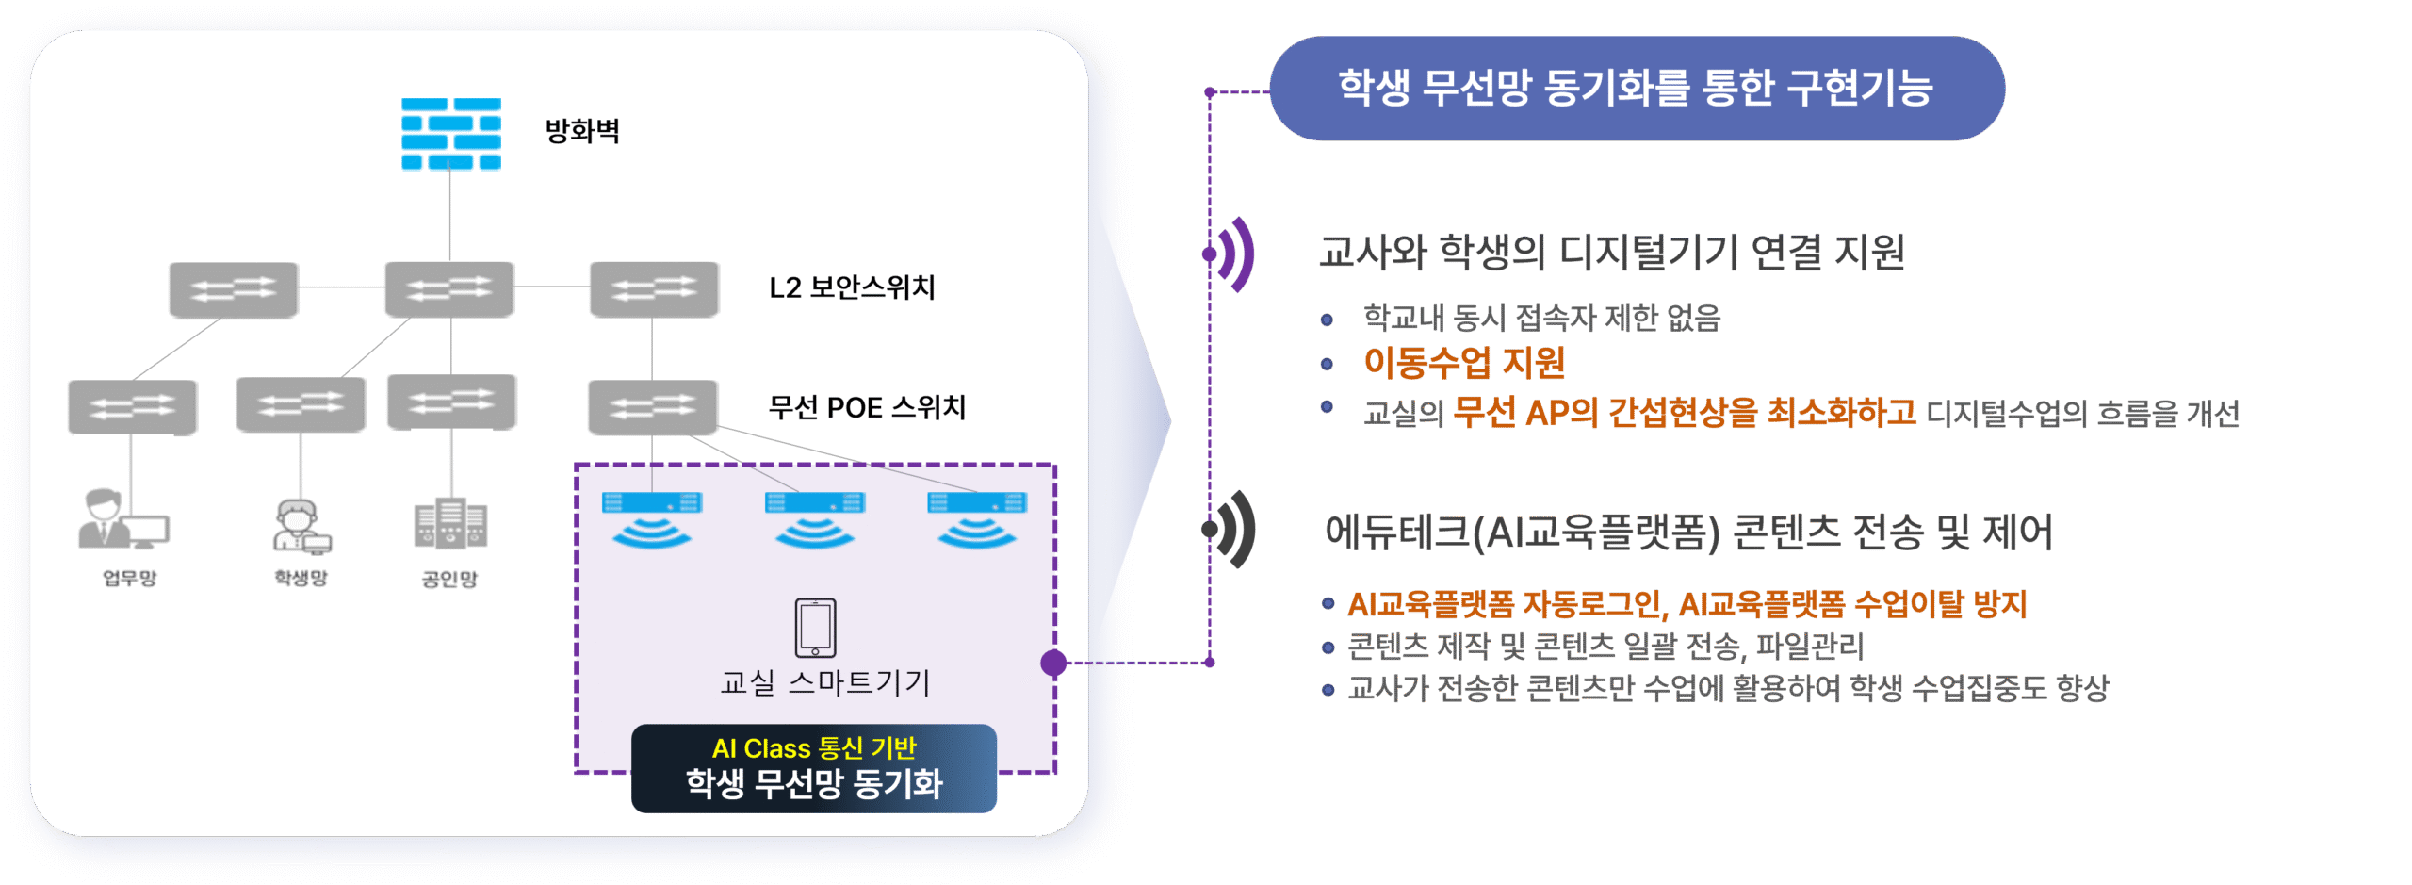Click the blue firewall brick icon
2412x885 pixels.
click(x=450, y=134)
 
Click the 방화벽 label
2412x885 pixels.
click(x=582, y=131)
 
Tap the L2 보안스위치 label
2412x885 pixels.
click(x=852, y=287)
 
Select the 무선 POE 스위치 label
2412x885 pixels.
click(x=867, y=407)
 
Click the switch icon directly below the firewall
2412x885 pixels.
click(x=449, y=288)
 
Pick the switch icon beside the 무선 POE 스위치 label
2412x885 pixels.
click(x=652, y=407)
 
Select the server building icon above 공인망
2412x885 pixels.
click(x=450, y=523)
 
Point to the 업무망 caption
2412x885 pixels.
click(x=130, y=578)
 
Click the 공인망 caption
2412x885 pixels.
click(x=449, y=579)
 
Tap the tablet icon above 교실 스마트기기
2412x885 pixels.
click(x=815, y=627)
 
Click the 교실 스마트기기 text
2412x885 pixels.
click(x=825, y=681)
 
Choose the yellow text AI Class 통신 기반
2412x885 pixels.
click(x=814, y=748)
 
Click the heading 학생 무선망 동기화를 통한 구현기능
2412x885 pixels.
click(x=1636, y=88)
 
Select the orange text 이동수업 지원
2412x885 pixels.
click(x=1464, y=363)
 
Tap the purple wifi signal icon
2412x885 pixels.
click(x=1234, y=254)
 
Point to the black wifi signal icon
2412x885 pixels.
click(x=1234, y=530)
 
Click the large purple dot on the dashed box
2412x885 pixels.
click(x=1053, y=663)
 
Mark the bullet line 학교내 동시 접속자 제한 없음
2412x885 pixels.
click(x=1541, y=319)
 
